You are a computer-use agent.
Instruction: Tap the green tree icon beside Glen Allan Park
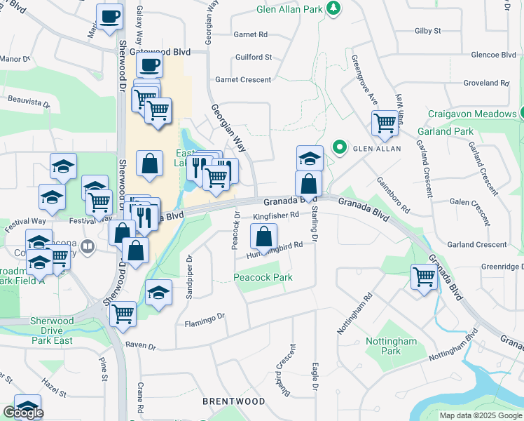335,7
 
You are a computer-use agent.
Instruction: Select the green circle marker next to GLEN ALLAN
340,147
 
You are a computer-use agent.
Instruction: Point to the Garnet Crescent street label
243,80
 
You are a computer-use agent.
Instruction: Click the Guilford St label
254,57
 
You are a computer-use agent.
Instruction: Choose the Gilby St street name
427,31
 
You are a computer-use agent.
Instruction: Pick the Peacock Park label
263,278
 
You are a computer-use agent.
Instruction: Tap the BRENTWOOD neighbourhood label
234,401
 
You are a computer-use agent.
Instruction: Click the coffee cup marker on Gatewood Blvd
149,66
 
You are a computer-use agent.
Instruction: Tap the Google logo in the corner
23,413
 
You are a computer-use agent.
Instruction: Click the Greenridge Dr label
502,267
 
